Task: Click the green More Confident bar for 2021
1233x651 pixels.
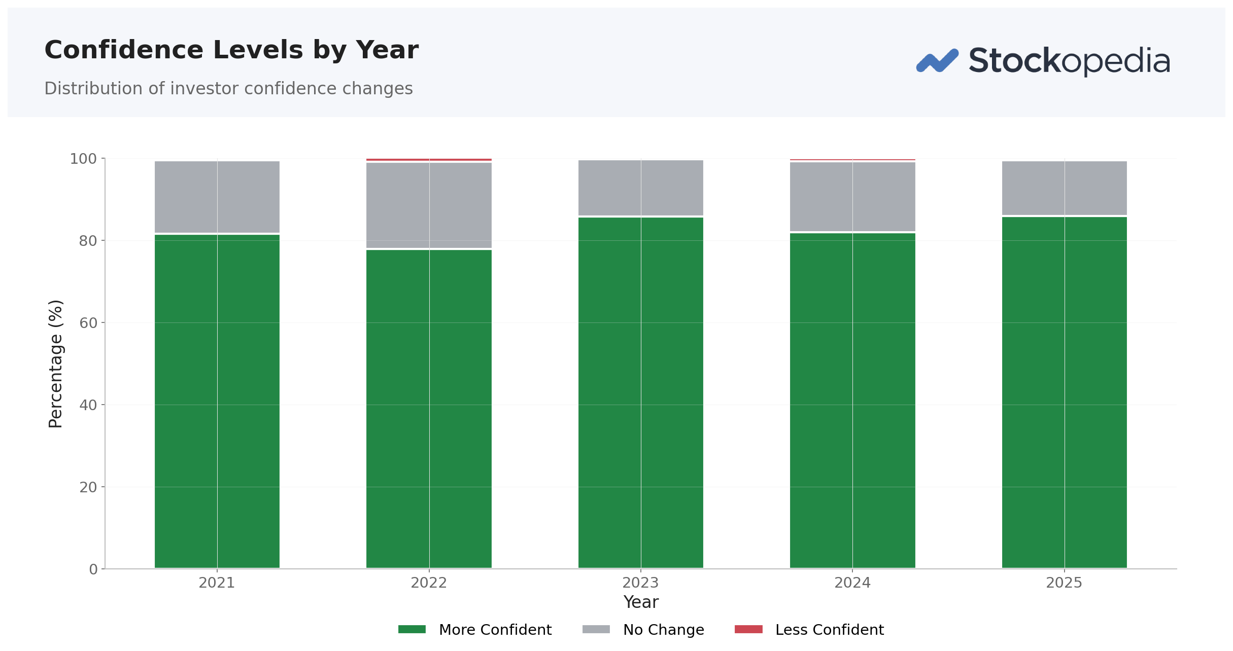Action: point(217,401)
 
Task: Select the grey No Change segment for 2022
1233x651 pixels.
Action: point(429,205)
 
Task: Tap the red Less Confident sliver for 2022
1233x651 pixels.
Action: point(429,160)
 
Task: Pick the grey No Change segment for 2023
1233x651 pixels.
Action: point(641,188)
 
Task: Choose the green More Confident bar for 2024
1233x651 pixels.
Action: point(852,401)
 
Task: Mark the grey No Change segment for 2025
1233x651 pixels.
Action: point(1065,188)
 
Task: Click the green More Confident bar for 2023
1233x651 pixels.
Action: point(641,393)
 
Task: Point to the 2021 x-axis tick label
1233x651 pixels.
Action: point(217,583)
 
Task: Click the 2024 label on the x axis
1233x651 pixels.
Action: point(852,583)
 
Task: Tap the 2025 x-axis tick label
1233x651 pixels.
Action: point(1064,583)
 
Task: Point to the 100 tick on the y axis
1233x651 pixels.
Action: point(83,159)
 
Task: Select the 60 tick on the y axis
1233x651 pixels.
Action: point(88,323)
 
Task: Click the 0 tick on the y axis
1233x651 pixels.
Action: point(93,569)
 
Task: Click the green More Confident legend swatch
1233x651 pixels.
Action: point(412,629)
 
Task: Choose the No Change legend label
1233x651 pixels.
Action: point(664,630)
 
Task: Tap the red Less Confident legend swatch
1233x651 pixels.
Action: point(748,629)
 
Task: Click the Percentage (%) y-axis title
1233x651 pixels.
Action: point(55,364)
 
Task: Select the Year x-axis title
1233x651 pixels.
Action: point(641,602)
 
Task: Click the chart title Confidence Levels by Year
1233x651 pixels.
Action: point(231,50)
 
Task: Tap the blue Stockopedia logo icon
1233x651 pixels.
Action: point(937,61)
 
